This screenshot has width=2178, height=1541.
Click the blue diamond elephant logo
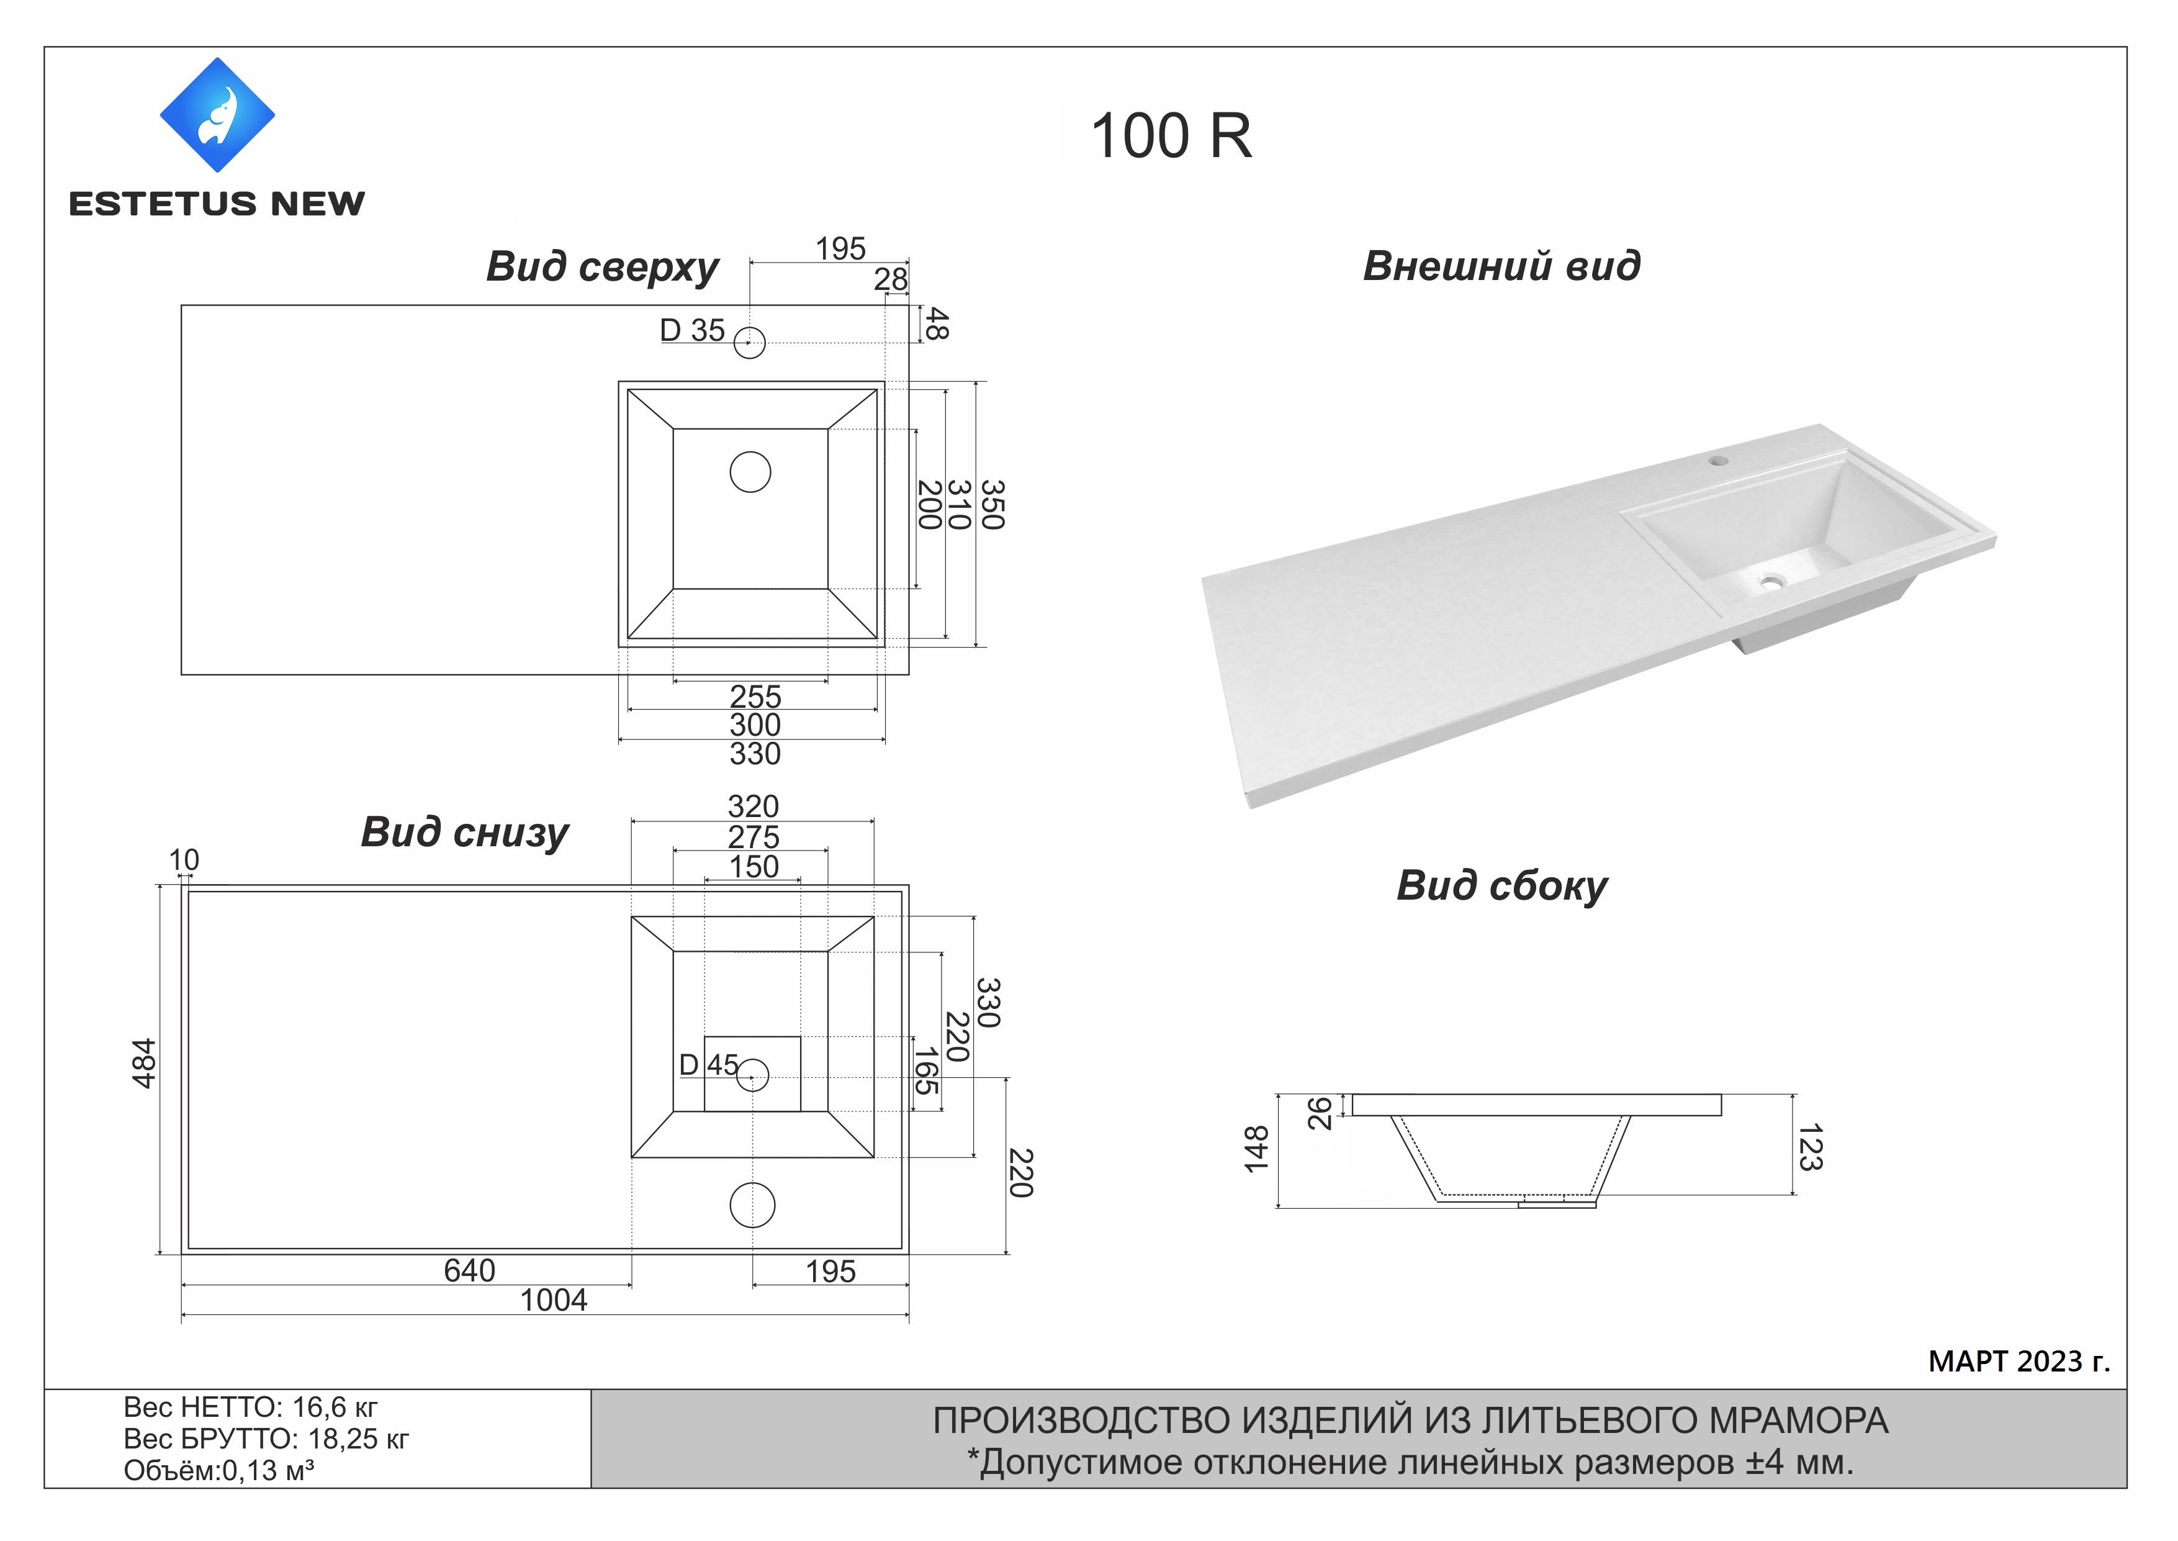(x=217, y=115)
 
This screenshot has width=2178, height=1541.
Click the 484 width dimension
(x=143, y=1064)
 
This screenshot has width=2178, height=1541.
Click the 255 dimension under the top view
(x=755, y=697)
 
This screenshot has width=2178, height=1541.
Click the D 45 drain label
(x=709, y=1065)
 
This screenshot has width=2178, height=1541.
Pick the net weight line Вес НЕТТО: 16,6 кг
(x=250, y=1408)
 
